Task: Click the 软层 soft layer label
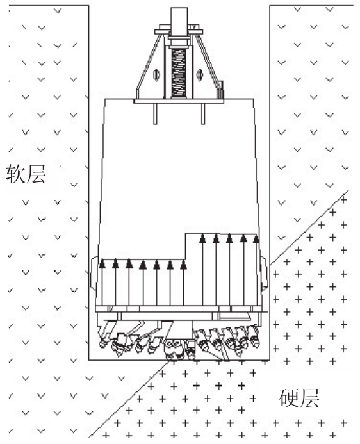26,173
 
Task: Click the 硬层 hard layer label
299,398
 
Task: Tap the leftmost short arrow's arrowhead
102,263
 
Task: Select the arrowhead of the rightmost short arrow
183,265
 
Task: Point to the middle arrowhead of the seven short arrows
143,265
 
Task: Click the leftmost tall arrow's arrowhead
202,239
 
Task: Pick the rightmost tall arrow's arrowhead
256,239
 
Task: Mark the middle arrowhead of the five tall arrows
229,239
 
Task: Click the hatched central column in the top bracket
179,72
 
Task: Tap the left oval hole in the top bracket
156,75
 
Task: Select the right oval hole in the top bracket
200,75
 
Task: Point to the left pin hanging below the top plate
156,113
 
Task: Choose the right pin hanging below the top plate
203,113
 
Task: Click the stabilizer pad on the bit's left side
93,273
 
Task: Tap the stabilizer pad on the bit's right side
265,272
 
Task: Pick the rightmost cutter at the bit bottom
254,336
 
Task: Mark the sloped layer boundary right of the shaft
309,227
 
